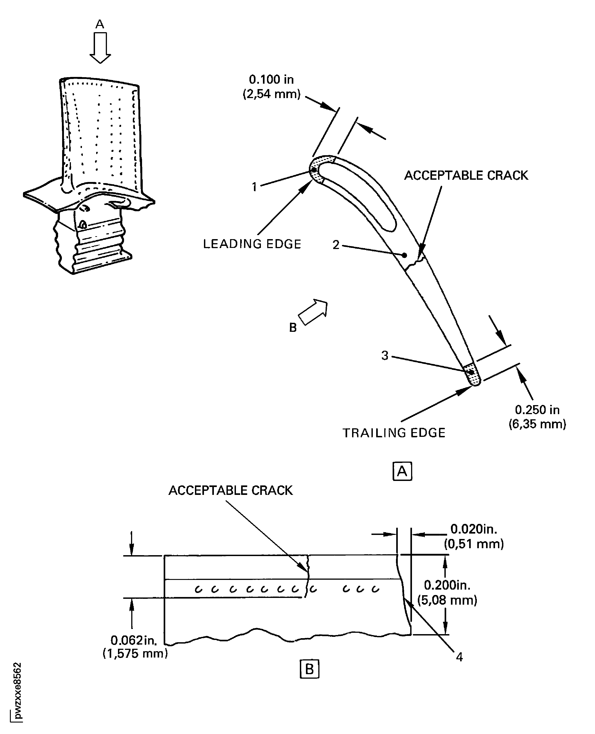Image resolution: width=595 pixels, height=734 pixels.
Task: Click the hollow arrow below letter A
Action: click(x=100, y=48)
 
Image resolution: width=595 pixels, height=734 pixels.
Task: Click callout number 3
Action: click(x=385, y=355)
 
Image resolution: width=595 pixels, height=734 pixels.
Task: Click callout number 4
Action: click(x=459, y=657)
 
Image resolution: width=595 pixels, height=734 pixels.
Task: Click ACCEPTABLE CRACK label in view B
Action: click(x=231, y=490)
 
